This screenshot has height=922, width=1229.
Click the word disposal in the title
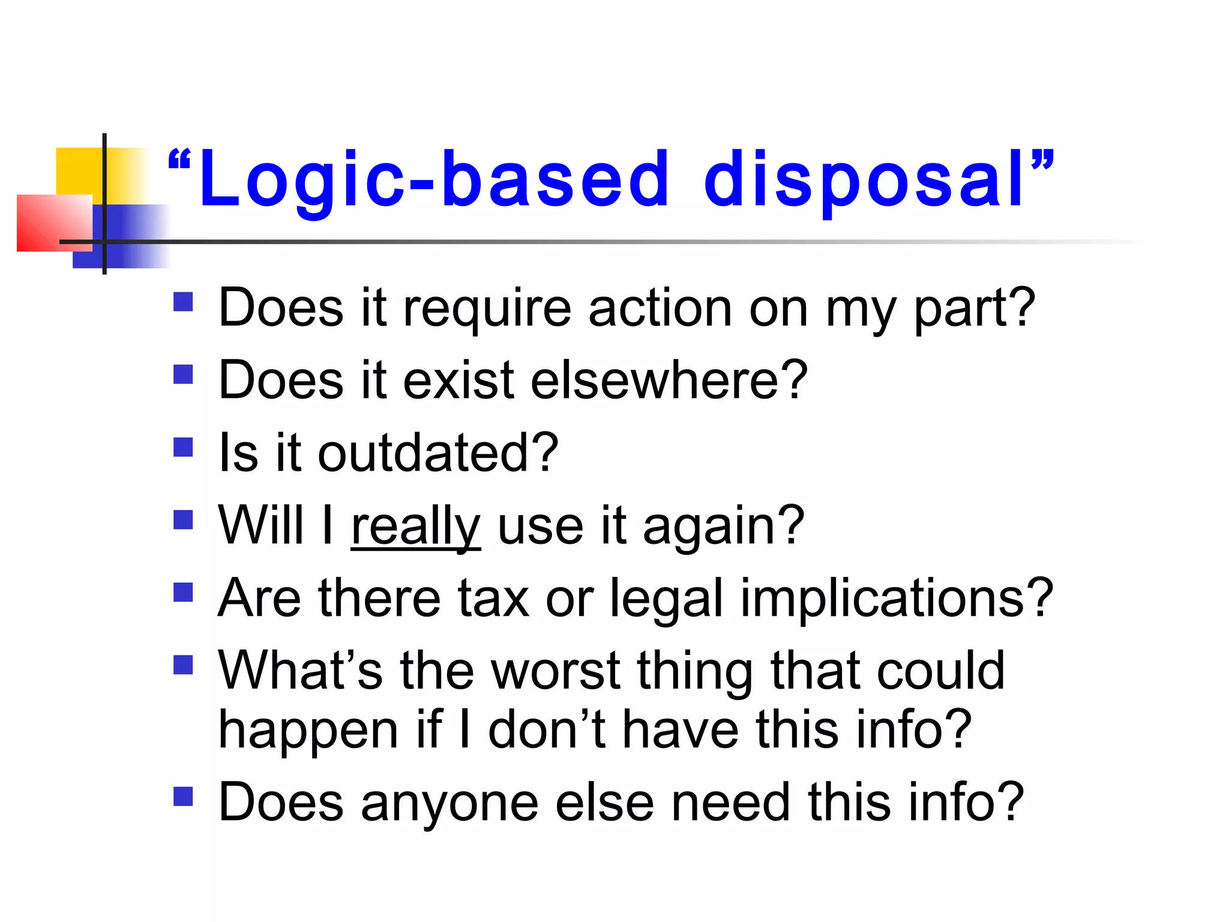[864, 180]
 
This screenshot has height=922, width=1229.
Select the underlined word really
[415, 526]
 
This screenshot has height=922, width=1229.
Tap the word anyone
[449, 803]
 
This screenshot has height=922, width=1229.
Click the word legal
[666, 599]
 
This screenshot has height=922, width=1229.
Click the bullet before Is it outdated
[183, 447]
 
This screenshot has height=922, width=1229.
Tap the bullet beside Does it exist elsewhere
[183, 375]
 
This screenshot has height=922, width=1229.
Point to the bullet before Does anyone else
[183, 797]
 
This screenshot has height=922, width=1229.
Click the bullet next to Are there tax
[183, 592]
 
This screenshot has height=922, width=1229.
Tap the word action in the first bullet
[660, 309]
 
